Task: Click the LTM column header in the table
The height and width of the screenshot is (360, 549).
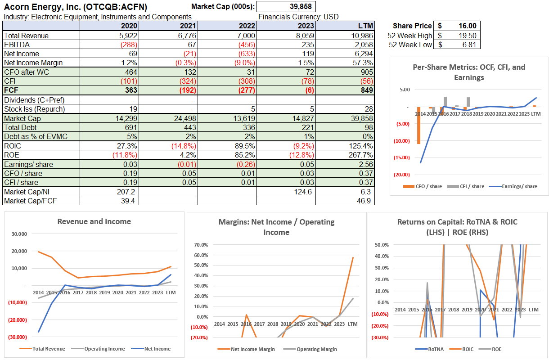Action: click(x=365, y=26)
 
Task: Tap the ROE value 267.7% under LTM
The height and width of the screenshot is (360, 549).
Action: click(x=360, y=155)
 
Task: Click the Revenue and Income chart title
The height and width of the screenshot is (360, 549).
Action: click(x=94, y=221)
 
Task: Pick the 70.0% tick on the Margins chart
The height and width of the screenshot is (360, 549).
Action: click(x=201, y=245)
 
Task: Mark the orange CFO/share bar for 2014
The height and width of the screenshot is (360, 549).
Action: click(x=419, y=126)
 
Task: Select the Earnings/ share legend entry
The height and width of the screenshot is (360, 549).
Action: click(x=517, y=186)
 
